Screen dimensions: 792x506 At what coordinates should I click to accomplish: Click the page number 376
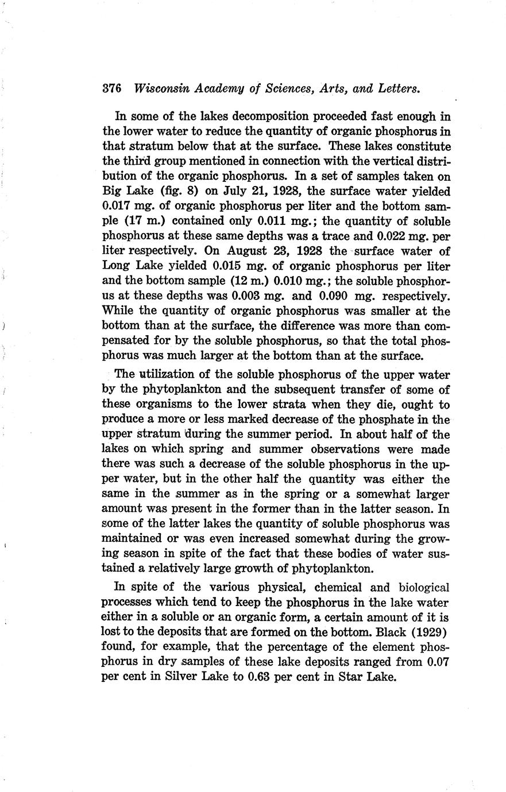click(x=111, y=89)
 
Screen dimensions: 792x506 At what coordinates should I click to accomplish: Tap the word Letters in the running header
click(x=398, y=89)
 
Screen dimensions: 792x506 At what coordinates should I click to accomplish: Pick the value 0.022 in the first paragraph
click(x=392, y=236)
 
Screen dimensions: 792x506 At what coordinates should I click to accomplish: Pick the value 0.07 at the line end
click(x=438, y=662)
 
